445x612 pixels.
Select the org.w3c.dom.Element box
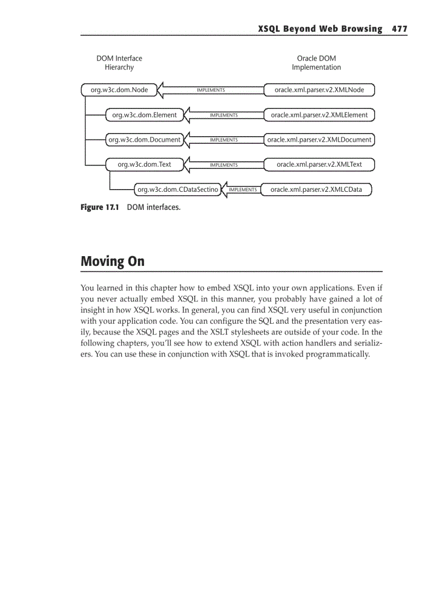point(144,115)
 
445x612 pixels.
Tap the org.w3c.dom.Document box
point(144,140)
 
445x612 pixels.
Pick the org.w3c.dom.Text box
point(144,165)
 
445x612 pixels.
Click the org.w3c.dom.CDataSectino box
point(177,190)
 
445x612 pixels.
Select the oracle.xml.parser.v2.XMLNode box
point(319,90)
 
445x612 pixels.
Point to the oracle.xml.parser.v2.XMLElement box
point(319,115)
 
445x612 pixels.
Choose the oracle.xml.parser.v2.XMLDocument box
point(319,140)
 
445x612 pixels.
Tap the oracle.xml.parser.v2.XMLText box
point(319,165)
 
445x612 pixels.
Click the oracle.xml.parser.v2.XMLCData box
point(316,190)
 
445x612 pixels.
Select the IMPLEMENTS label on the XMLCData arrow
point(243,190)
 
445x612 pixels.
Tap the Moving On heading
point(112,262)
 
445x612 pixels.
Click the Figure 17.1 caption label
point(99,208)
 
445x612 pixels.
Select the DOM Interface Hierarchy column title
point(119,63)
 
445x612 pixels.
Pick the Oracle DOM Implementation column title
point(316,63)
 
